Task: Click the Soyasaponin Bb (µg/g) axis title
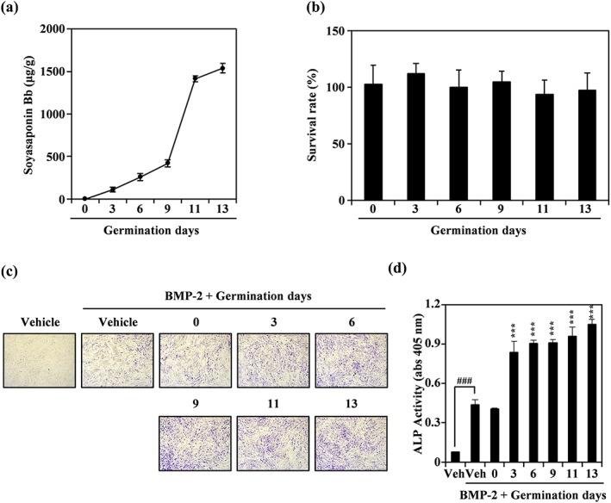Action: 15,113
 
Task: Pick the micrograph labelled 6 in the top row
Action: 351,359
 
